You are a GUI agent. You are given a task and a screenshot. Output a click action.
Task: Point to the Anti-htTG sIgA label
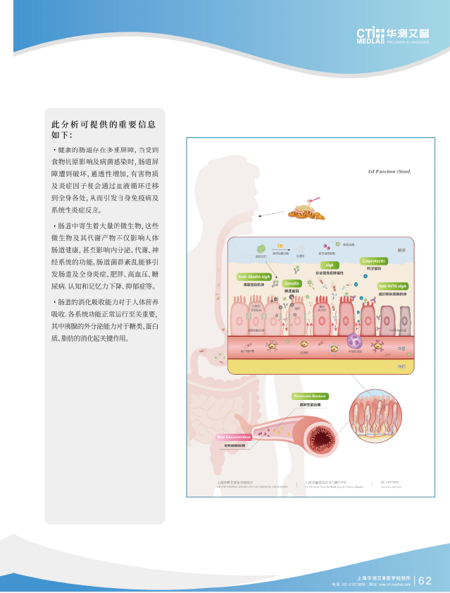point(393,286)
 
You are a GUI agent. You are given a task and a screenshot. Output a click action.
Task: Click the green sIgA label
point(329,265)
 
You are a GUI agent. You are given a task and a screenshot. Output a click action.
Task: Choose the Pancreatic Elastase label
point(310,397)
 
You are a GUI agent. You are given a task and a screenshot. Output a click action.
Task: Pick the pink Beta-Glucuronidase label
point(234,437)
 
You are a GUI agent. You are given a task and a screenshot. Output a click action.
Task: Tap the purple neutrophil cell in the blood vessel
point(354,348)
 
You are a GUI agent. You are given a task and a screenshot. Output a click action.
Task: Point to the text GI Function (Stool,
point(389,171)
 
